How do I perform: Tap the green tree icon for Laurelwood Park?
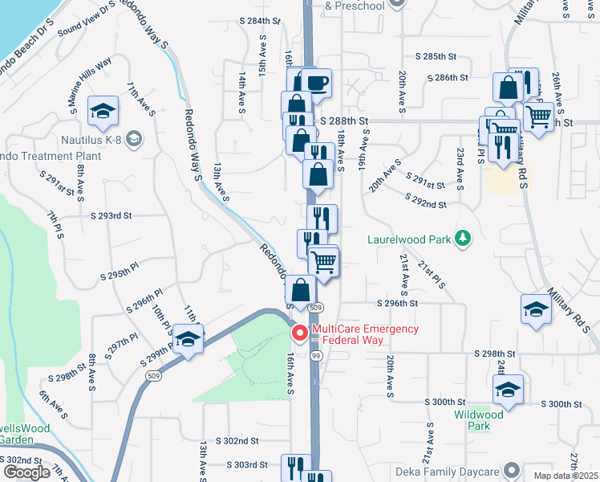point(461,239)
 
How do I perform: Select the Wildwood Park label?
point(478,420)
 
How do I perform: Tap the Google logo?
point(26,472)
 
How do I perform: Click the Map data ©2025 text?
point(565,476)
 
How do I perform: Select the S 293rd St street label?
point(111,216)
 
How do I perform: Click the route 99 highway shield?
point(316,354)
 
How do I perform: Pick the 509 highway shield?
point(316,308)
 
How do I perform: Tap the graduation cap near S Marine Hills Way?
point(103,111)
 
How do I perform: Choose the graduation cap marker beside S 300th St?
point(507,390)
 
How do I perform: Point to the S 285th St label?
point(436,58)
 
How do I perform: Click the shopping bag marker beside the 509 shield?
point(301,290)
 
